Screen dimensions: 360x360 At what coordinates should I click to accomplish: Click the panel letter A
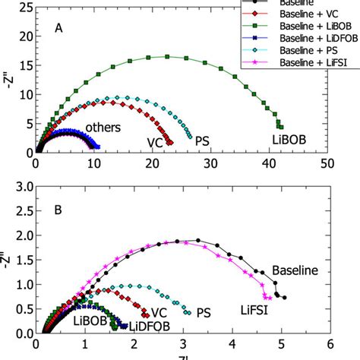click(x=58, y=28)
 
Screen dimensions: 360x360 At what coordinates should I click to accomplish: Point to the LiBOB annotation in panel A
click(x=289, y=139)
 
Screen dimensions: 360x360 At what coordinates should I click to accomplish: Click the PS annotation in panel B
click(x=204, y=312)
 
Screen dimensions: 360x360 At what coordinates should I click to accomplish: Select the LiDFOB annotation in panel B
click(x=149, y=326)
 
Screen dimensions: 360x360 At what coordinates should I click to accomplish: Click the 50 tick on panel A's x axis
click(x=327, y=162)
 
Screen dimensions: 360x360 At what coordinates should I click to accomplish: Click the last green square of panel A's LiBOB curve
click(x=281, y=126)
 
